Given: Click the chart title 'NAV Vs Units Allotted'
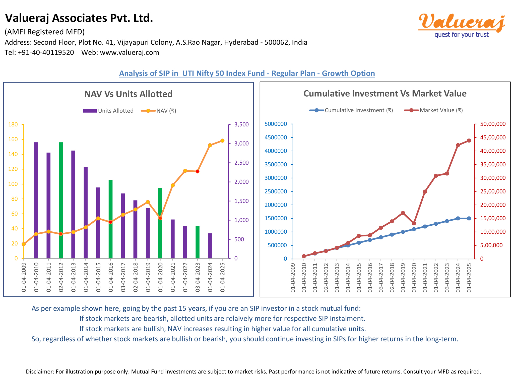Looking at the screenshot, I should click(128, 94).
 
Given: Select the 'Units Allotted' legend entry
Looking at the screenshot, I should click(108, 111).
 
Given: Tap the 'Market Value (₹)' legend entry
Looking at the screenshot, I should click(433, 110).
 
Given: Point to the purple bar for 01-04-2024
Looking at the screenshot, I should click(210, 246).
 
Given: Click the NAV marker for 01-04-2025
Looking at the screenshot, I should click(222, 141).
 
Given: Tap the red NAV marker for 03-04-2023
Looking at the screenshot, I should click(198, 171).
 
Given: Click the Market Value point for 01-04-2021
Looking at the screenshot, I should click(425, 191).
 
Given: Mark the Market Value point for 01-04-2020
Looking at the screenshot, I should click(414, 223).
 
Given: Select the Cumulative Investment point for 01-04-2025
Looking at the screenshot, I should click(469, 218).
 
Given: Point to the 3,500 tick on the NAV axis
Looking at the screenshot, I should click(241, 124).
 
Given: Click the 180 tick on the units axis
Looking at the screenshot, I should click(13, 124).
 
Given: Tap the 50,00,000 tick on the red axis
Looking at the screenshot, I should click(493, 124).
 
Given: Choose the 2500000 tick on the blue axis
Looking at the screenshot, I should click(276, 191).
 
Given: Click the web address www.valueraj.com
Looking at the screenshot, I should click(130, 52).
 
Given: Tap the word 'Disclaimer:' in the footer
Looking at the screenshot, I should click(40, 371).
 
